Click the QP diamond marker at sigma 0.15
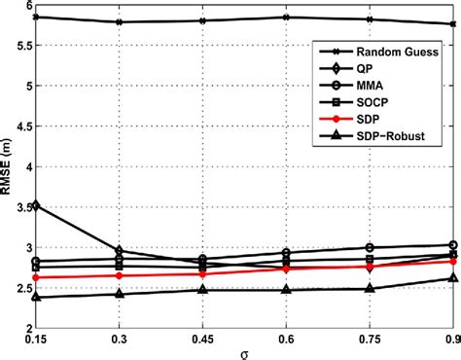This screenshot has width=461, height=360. tap(36, 205)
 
